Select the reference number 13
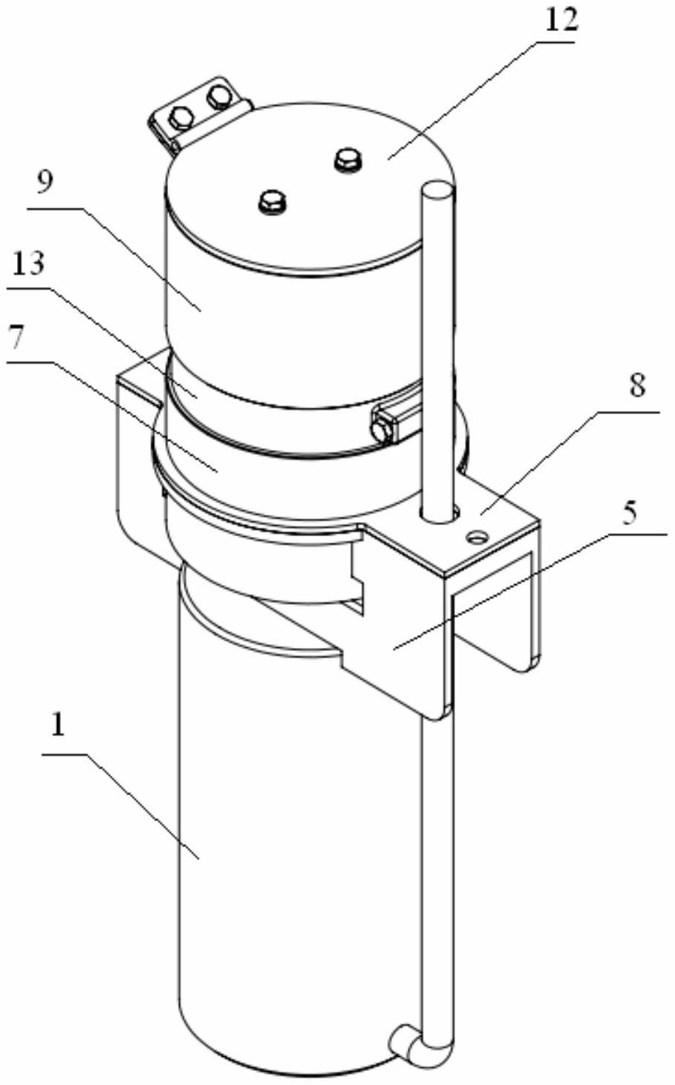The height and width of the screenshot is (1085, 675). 29,263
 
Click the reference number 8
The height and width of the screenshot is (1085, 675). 637,387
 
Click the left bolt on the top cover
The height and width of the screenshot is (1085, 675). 273,201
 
